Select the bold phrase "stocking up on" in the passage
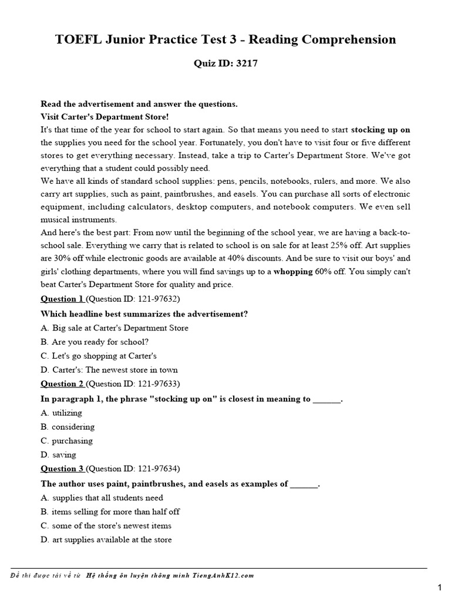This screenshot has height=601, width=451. [x=381, y=129]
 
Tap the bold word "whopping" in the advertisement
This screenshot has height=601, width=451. [x=294, y=271]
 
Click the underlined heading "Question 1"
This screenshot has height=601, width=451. [x=62, y=299]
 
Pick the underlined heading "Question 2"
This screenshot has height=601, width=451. [x=62, y=384]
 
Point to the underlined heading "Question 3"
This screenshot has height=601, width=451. [x=62, y=469]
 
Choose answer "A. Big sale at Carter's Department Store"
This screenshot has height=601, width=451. [x=115, y=328]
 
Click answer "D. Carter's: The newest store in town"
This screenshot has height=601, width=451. [x=109, y=370]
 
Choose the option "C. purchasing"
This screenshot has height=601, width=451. [x=67, y=441]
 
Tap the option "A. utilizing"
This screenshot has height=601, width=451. [x=62, y=413]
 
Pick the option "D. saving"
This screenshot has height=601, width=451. [x=59, y=455]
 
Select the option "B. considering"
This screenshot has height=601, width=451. [x=68, y=427]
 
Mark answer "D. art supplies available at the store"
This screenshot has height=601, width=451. [x=106, y=540]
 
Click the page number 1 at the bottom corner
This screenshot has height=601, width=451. [x=439, y=588]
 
